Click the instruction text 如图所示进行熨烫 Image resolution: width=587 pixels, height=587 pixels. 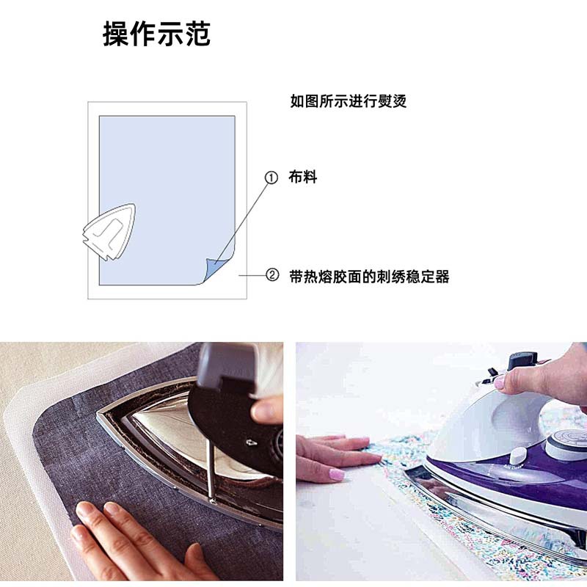(x=349, y=102)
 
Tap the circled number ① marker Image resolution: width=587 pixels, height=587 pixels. (x=271, y=178)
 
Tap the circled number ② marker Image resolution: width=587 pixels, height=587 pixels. (x=271, y=276)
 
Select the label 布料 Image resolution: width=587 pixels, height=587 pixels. (x=303, y=178)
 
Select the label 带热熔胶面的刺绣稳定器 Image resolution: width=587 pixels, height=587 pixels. (x=369, y=277)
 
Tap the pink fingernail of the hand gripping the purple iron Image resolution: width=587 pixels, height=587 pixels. (x=500, y=383)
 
